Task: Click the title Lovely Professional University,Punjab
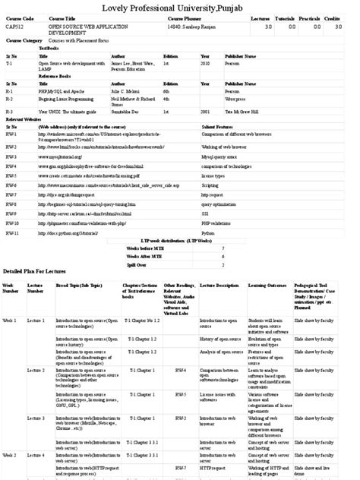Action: pyautogui.click(x=179, y=8)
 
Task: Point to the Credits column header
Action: pyautogui.click(x=331, y=17)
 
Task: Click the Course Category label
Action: pyautogui.click(x=23, y=39)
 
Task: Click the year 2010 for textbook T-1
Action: pyautogui.click(x=205, y=64)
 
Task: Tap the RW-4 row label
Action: pyautogui.click(x=11, y=166)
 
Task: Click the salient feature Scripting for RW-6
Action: pyautogui.click(x=210, y=185)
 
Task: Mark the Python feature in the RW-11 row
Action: pyautogui.click(x=207, y=233)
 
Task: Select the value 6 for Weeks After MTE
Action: pyautogui.click(x=223, y=257)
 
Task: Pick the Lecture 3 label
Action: pyautogui.click(x=36, y=418)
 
